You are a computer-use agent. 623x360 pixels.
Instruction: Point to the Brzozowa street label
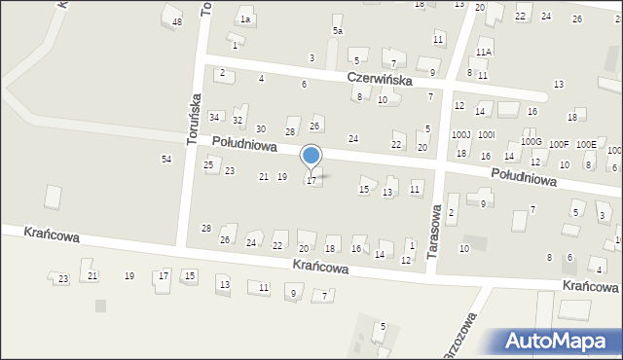465,337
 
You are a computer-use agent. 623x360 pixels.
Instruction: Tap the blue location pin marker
311,156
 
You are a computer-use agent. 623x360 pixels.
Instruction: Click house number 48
176,22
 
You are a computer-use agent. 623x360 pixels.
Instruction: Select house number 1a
246,19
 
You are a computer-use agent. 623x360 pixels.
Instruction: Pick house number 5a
338,31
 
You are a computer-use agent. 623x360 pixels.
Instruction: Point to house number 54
166,159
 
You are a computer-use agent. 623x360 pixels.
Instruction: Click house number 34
214,117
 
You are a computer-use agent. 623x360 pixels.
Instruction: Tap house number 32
238,121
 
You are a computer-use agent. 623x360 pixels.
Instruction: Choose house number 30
260,129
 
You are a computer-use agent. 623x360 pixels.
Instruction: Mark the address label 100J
460,135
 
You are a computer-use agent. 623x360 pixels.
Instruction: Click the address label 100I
487,135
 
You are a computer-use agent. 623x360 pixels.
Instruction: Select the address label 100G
531,142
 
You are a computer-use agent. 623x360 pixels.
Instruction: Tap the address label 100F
559,145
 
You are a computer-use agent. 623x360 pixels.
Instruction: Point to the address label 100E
586,145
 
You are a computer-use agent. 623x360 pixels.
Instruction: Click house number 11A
484,52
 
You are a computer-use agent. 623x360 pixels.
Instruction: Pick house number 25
208,165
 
